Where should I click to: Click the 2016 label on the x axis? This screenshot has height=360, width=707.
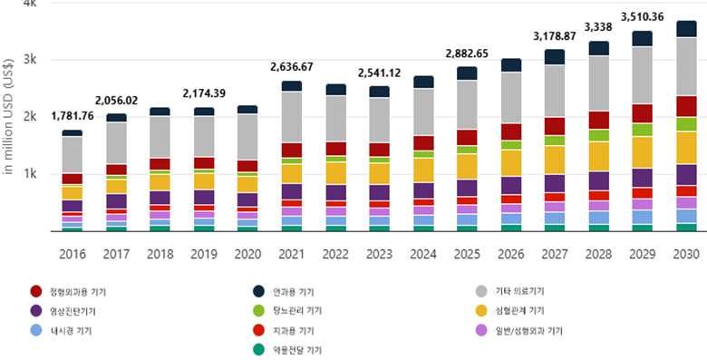point(73,255)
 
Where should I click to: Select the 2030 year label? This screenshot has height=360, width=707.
point(686,255)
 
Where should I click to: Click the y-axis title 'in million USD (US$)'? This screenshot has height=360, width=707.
point(8,117)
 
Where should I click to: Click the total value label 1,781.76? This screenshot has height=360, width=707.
point(73,116)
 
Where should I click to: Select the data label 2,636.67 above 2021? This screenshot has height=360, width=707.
point(292,67)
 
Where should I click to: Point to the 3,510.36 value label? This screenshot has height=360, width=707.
point(643,17)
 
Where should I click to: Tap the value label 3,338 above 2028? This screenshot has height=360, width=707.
point(598,27)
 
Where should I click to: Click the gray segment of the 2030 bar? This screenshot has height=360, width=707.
point(686,67)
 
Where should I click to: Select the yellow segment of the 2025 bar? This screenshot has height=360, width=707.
point(467,167)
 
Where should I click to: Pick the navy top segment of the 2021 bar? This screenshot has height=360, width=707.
point(292,86)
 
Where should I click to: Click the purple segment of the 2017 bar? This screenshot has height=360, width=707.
point(116,201)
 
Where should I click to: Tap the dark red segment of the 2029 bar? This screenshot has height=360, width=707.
point(643,113)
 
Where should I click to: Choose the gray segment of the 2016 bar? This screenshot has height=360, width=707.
point(73,155)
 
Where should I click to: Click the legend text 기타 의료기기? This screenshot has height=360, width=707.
point(520,291)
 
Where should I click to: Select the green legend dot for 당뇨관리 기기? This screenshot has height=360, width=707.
point(259,311)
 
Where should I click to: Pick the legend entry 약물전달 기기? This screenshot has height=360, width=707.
point(287,350)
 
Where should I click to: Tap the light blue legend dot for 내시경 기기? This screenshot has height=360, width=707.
point(36,331)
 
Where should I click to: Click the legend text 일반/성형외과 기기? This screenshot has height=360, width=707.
point(529,331)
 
